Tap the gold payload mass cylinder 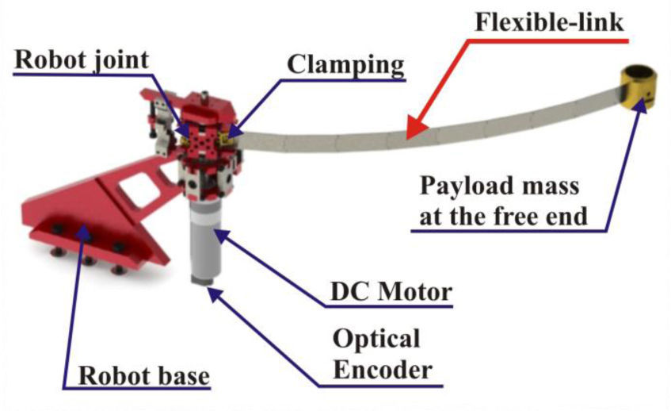[643, 88]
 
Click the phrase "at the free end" [504, 216]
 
